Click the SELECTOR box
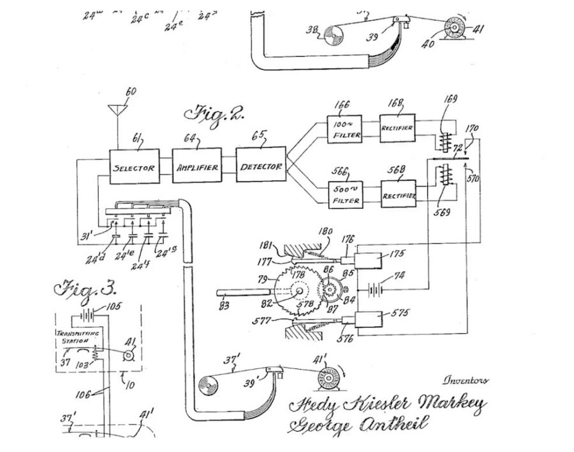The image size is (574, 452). (x=133, y=167)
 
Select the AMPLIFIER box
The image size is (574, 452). (x=197, y=167)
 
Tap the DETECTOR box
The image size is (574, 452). (x=261, y=167)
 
